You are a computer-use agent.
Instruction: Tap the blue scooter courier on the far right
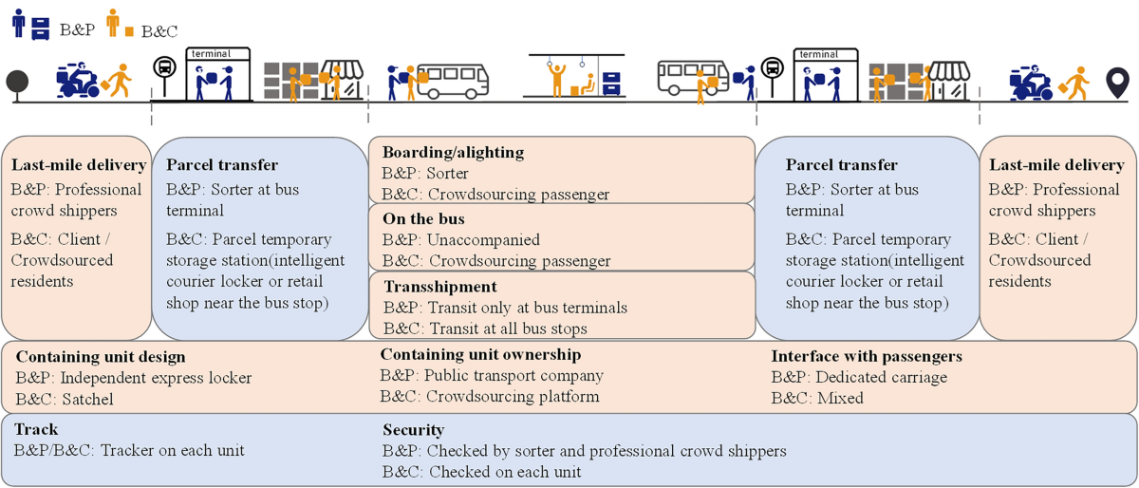(1029, 83)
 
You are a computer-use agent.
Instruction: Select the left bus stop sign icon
(164, 69)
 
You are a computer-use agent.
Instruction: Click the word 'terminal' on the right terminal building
(818, 55)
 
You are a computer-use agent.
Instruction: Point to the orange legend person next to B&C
(114, 22)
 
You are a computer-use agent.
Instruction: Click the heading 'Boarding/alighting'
(453, 152)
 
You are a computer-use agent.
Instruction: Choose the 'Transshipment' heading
(439, 287)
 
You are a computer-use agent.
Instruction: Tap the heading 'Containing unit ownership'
(480, 354)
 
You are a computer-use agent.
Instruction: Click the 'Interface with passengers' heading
(867, 356)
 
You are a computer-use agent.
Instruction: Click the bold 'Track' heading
(36, 430)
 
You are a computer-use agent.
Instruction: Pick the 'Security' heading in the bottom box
(413, 430)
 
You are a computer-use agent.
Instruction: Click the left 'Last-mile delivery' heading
(79, 166)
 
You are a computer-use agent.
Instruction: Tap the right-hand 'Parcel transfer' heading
(842, 166)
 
